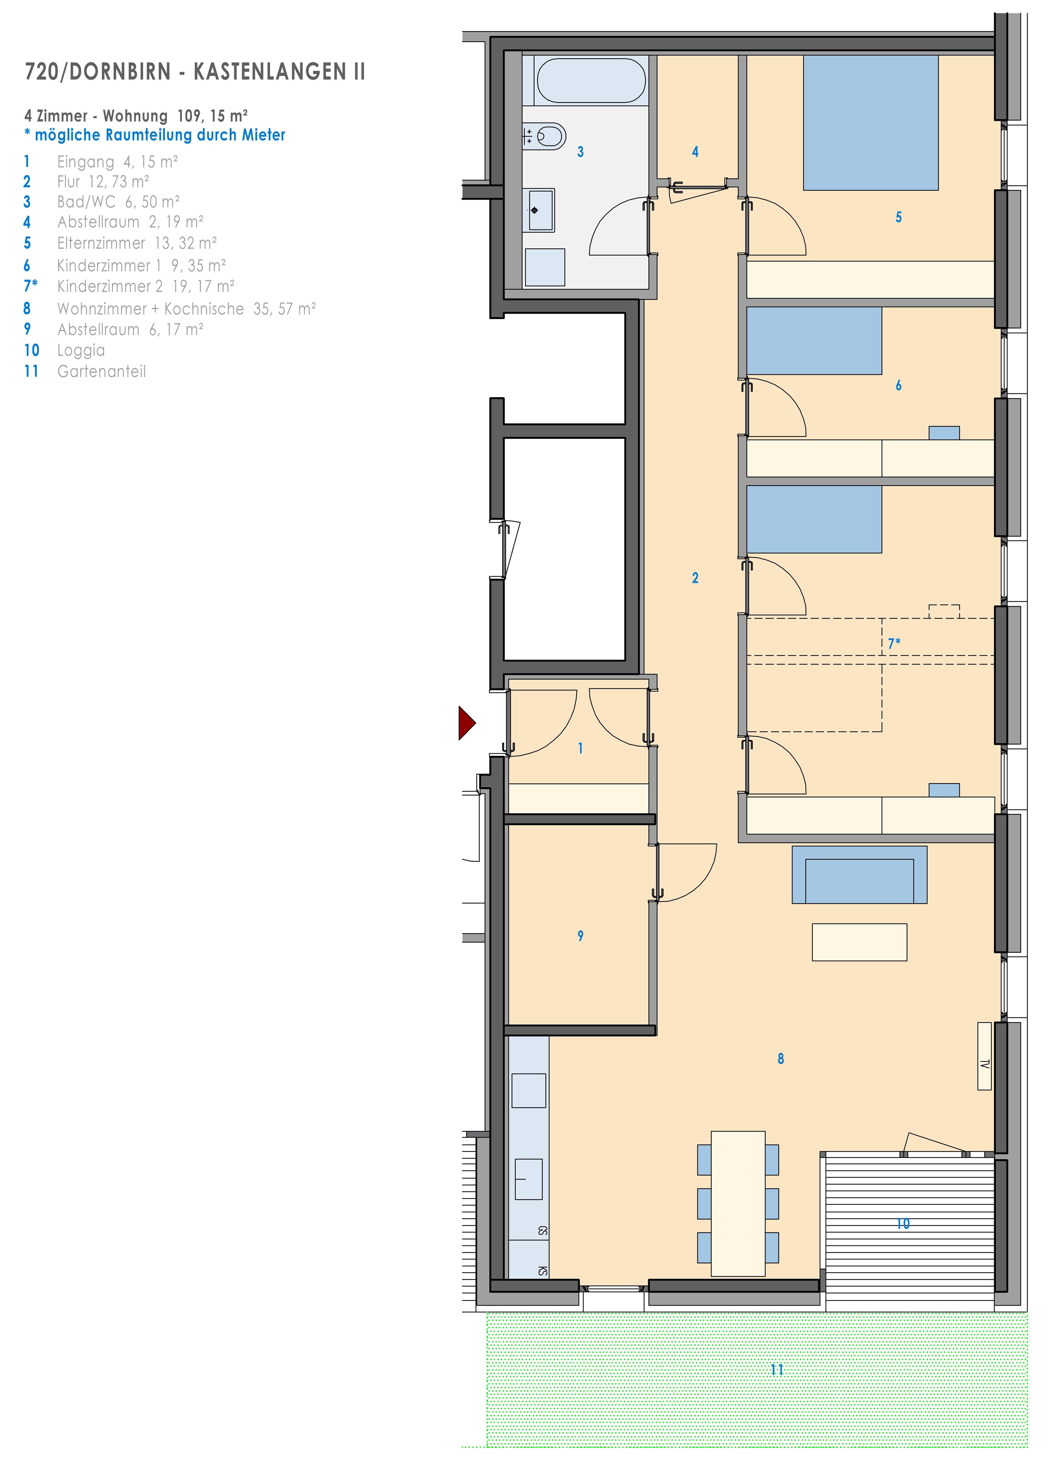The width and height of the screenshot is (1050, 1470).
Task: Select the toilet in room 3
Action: tap(550, 136)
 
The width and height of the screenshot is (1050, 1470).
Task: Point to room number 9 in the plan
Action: tap(581, 936)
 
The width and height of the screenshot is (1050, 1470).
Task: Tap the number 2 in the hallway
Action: tap(695, 577)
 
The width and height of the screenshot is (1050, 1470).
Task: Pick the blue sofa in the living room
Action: tap(859, 874)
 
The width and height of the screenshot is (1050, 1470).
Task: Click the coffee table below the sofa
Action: tap(859, 942)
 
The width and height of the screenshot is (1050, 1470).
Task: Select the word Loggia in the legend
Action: tap(81, 350)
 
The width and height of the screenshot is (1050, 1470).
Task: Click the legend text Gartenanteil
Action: tap(101, 371)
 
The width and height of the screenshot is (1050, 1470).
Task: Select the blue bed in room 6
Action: tap(814, 341)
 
